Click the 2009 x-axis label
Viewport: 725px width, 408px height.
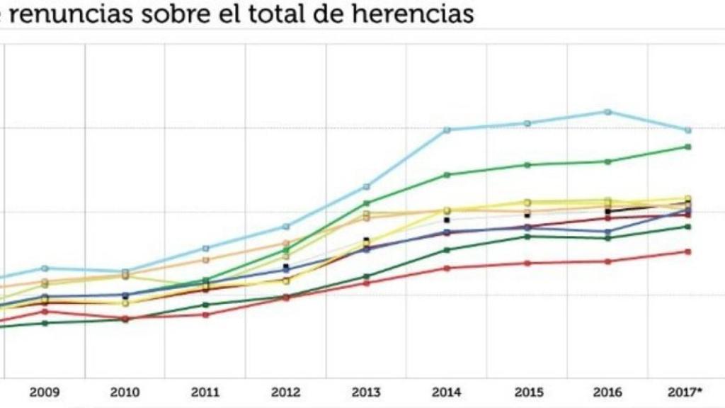(45, 392)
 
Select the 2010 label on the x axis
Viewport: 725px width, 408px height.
(125, 392)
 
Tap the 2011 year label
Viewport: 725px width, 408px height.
(205, 392)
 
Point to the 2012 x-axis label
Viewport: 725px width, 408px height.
(286, 392)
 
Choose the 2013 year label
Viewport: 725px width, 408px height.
(366, 392)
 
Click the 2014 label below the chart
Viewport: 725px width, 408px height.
(447, 392)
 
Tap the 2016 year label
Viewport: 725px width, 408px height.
(607, 392)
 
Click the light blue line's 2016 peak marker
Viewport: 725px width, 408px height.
(607, 112)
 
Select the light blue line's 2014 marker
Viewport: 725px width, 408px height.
(447, 130)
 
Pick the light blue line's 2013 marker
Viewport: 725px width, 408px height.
(366, 186)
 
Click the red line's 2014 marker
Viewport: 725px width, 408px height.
(447, 268)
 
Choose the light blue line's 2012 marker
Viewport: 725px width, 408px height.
(286, 227)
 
